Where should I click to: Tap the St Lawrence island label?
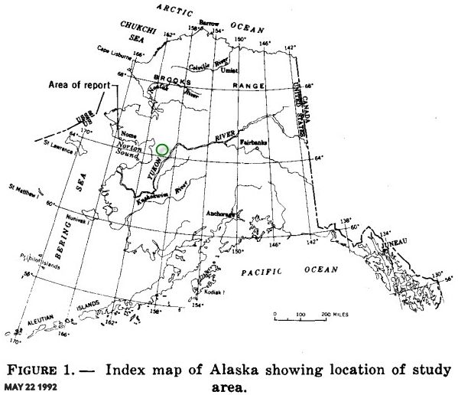(58, 142)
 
